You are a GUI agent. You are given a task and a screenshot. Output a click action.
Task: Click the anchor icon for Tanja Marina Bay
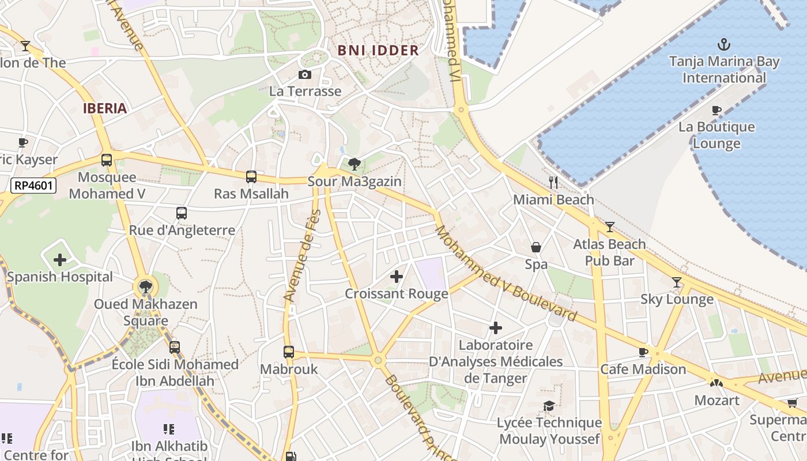[723, 44]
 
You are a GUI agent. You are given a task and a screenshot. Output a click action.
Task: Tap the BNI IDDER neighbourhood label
[378, 51]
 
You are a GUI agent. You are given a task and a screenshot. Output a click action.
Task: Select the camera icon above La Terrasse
[305, 74]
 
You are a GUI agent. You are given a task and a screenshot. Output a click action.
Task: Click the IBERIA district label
[105, 108]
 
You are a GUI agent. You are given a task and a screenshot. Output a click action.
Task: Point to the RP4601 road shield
[33, 186]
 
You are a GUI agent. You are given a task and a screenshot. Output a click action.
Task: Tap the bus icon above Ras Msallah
[251, 177]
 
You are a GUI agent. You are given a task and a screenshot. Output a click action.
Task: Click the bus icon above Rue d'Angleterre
[182, 213]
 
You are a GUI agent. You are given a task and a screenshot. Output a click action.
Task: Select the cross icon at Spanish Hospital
[60, 260]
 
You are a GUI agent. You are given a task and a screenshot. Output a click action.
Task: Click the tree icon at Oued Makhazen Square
[146, 286]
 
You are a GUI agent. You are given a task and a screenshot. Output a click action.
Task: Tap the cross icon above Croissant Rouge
[397, 277]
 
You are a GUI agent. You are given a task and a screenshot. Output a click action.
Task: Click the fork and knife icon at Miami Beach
[553, 183]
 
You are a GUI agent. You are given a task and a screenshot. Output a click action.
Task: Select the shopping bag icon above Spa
[536, 247]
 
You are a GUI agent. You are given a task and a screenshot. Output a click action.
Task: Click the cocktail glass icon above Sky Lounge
[677, 282]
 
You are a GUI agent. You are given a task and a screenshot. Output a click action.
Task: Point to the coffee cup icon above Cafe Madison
[643, 352]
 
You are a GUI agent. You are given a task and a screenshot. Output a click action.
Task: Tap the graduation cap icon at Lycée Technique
[549, 406]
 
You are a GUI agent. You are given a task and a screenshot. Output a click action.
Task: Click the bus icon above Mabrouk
[289, 352]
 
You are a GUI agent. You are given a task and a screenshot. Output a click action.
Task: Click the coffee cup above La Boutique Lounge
[717, 110]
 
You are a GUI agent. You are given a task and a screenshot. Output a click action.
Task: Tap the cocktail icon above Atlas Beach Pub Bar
[609, 227]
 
